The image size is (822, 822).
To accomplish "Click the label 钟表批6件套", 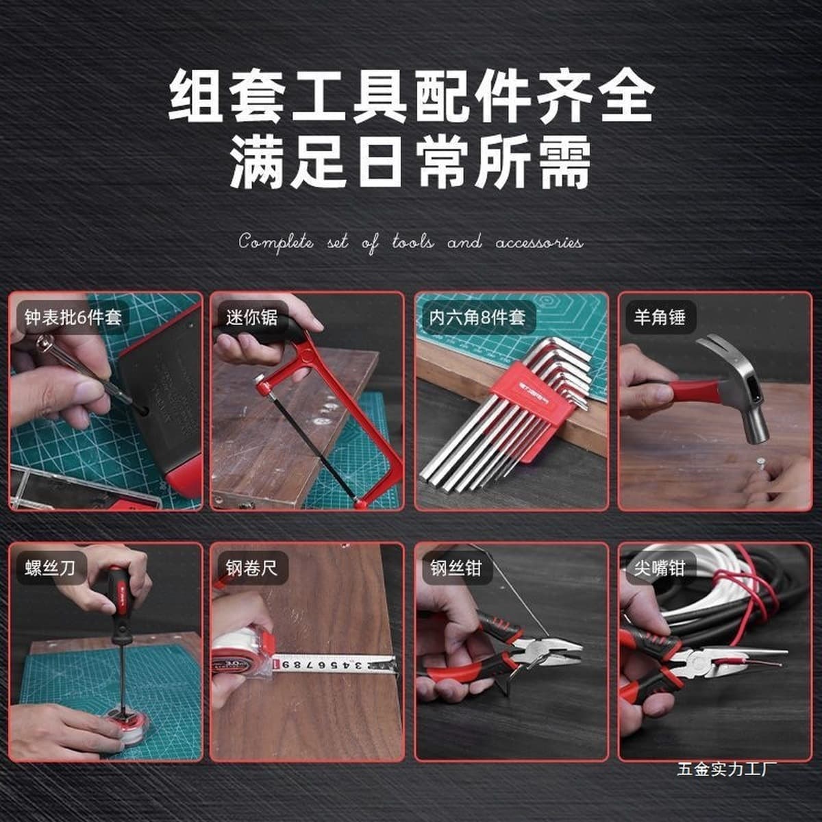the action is tap(73, 317).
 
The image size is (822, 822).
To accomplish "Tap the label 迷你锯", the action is tap(251, 317).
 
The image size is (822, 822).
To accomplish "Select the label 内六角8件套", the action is tap(477, 317).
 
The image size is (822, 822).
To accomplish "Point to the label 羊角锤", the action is tap(659, 317).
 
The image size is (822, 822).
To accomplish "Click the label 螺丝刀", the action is tap(50, 568).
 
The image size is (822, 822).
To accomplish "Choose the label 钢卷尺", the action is tap(251, 568).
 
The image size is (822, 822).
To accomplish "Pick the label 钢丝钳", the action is tap(456, 568).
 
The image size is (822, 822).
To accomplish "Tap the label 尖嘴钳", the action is tap(659, 568).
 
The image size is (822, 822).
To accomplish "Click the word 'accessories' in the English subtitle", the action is tap(539, 243).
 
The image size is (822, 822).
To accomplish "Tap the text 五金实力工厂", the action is tap(727, 769).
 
